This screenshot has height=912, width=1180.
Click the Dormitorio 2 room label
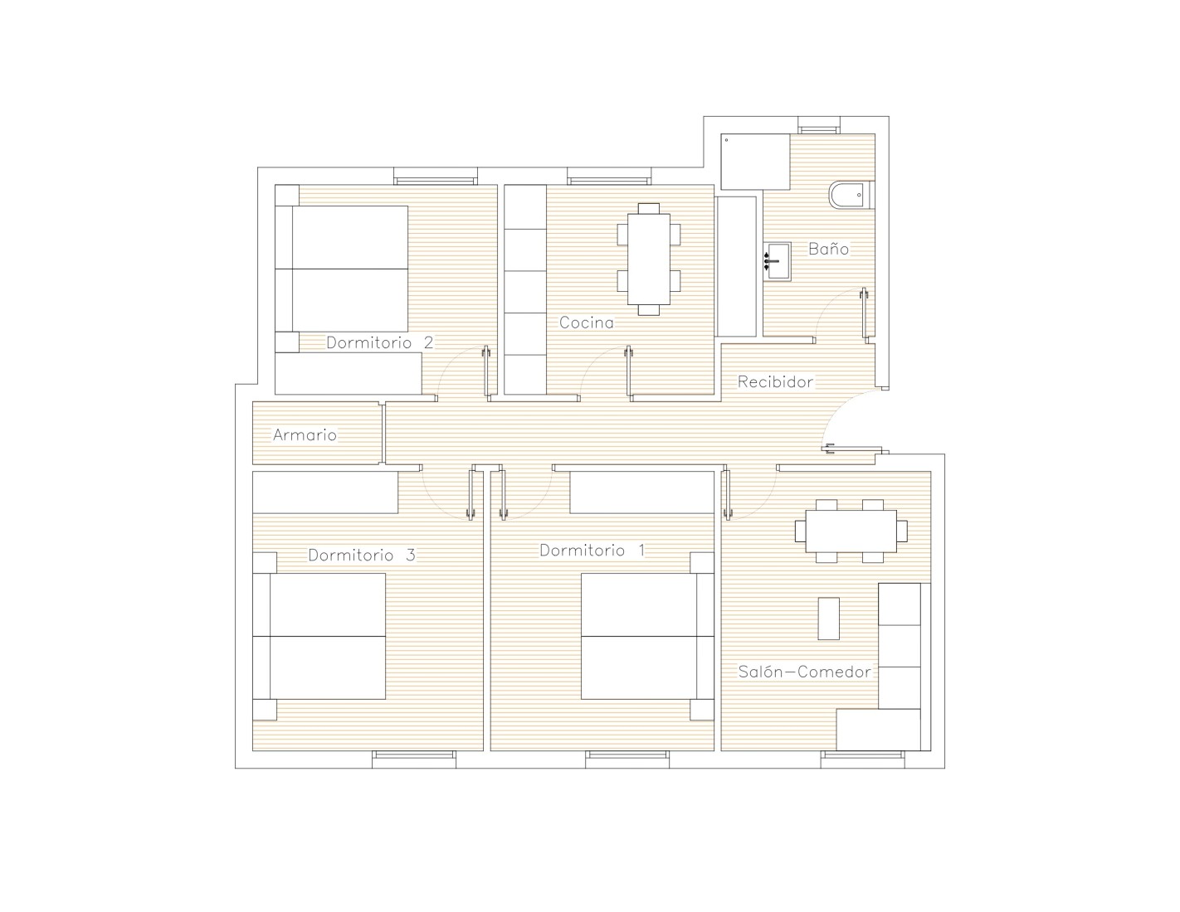(x=379, y=342)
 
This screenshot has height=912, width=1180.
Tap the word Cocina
(x=587, y=323)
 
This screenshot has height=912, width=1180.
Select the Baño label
(x=828, y=249)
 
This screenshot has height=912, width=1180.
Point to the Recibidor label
(x=775, y=382)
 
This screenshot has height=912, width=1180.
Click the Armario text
(x=305, y=434)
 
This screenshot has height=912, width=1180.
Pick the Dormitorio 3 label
(x=362, y=555)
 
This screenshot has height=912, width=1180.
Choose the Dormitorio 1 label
(x=592, y=551)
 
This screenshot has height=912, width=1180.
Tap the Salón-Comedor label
(x=804, y=672)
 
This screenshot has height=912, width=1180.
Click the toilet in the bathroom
(x=851, y=195)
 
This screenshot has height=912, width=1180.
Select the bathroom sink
(x=777, y=261)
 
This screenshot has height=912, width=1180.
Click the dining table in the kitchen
(x=648, y=260)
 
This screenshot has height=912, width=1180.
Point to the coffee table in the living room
(x=828, y=619)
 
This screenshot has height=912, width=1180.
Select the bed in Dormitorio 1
(x=647, y=637)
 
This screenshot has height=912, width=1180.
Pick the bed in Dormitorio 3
(x=319, y=637)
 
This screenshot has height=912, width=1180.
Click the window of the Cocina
(x=609, y=177)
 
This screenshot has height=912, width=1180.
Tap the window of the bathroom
(x=819, y=125)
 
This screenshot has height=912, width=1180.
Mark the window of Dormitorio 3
(x=414, y=759)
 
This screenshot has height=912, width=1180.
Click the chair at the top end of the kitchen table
(x=648, y=208)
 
